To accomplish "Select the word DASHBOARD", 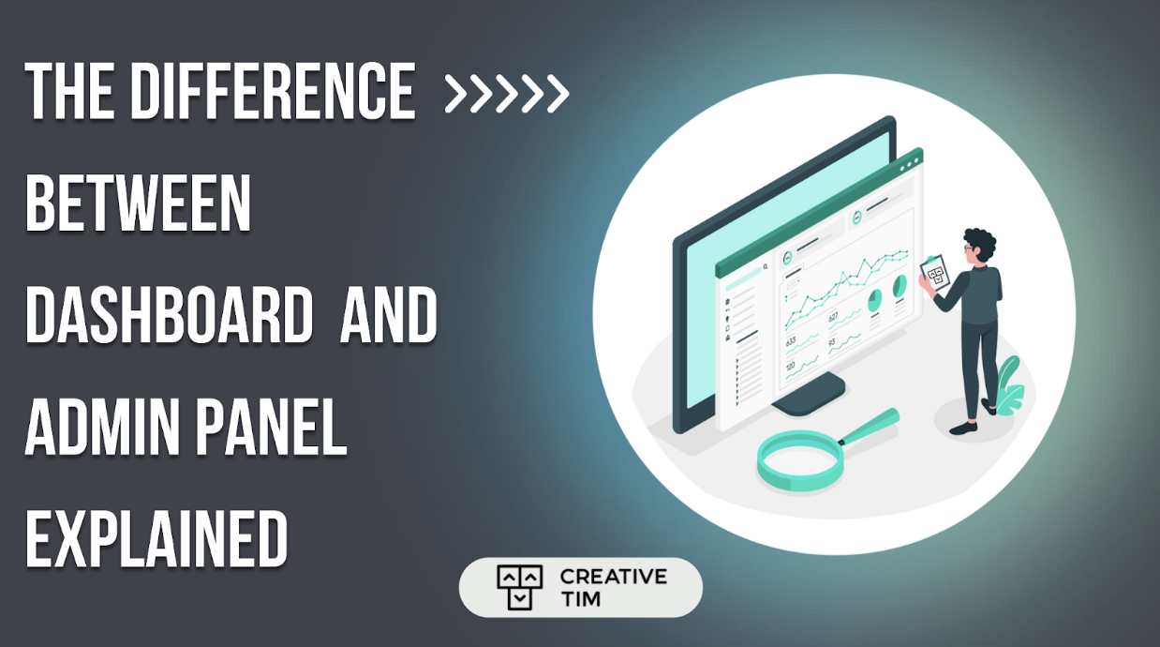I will tap(169, 316).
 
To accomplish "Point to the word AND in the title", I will tap(388, 316).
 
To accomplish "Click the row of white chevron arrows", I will tap(506, 93).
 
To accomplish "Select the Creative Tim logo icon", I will tap(519, 588).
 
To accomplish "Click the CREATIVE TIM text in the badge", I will tap(613, 588).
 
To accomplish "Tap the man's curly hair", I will tap(978, 243).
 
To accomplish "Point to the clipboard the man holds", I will tap(934, 273).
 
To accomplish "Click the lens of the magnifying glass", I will tap(796, 460).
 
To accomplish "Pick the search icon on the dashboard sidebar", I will tap(766, 266).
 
